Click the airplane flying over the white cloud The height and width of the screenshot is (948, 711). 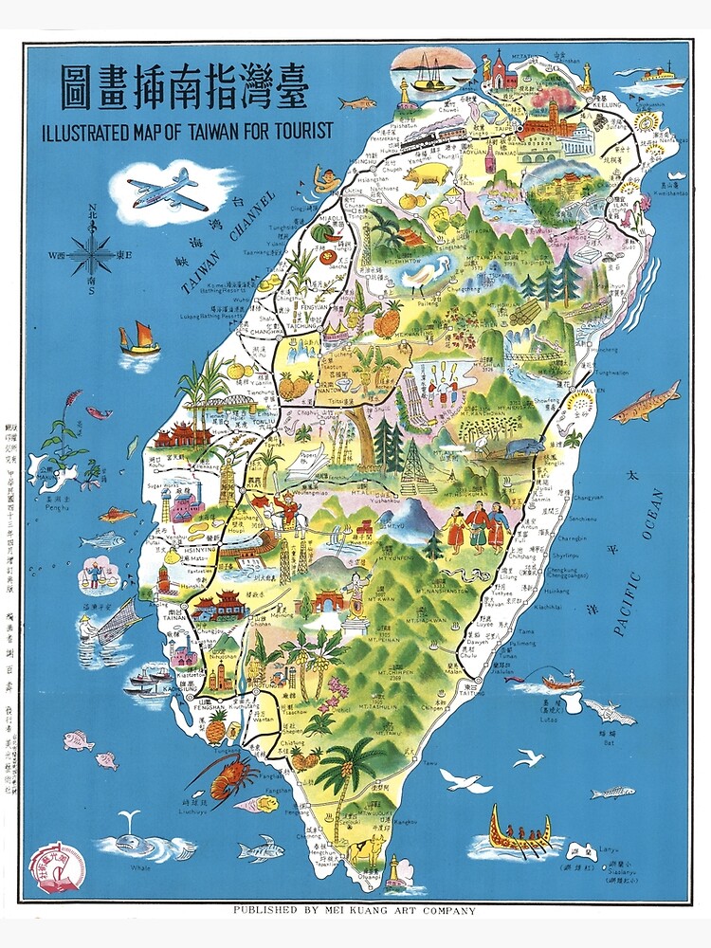click(x=167, y=191)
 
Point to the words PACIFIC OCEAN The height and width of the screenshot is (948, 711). click(x=639, y=563)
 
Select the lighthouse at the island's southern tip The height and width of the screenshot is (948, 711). click(x=394, y=870)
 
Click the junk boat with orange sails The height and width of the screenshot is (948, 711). click(x=138, y=339)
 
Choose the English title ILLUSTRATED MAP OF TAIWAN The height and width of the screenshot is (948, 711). click(x=187, y=132)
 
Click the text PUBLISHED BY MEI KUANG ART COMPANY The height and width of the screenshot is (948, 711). click(x=355, y=911)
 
